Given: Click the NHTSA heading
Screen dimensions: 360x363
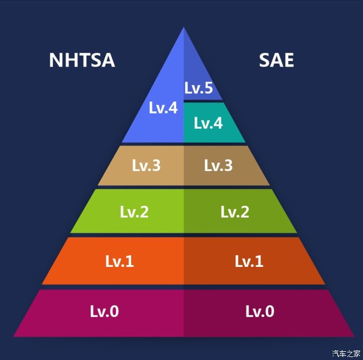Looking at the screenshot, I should (x=81, y=60).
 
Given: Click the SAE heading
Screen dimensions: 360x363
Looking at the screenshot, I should (x=276, y=60).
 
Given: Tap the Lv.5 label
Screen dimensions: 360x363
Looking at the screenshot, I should (x=198, y=88).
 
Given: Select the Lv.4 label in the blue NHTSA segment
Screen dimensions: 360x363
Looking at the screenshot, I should (x=163, y=108).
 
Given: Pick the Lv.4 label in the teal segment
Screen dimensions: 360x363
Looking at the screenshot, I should (x=208, y=124).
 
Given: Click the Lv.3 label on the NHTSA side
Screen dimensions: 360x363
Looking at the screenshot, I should (x=146, y=166).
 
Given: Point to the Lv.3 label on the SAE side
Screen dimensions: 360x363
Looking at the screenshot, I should (x=218, y=166).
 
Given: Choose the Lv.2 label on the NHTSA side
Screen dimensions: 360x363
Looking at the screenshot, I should (x=134, y=212).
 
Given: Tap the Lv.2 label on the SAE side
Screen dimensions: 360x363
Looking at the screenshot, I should (x=235, y=212).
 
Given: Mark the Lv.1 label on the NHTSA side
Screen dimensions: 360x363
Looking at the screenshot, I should (x=119, y=261).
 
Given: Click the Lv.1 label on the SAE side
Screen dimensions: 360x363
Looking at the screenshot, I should (x=249, y=261).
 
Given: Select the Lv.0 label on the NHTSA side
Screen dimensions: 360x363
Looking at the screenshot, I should (x=104, y=311).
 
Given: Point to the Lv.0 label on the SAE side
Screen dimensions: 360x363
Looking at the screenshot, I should (x=259, y=311).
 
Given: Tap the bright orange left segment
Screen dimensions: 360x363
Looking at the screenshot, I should (x=76, y=269).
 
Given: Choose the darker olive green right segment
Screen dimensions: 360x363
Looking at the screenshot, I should (x=269, y=220).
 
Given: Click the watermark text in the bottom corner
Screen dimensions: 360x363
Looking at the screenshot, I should (x=346, y=354).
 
